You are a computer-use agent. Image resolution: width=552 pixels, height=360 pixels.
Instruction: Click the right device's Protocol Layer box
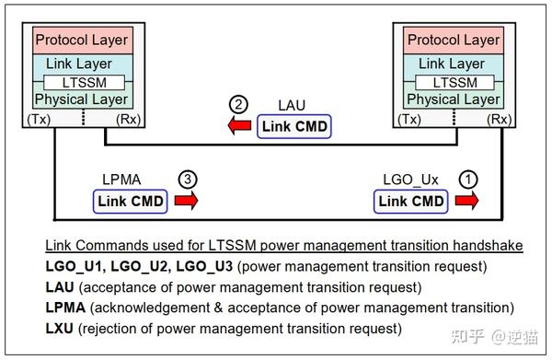453,40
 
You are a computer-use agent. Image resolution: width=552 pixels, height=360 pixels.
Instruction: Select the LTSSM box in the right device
453,82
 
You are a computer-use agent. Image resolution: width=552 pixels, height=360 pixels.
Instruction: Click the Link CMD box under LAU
293,126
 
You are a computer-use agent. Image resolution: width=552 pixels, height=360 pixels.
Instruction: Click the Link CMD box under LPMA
130,201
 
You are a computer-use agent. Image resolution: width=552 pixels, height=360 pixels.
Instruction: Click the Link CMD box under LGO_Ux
412,201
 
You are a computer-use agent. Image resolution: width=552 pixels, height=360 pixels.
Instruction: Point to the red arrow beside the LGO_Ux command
467,201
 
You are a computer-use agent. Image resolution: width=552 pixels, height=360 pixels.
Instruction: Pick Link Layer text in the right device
453,64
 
